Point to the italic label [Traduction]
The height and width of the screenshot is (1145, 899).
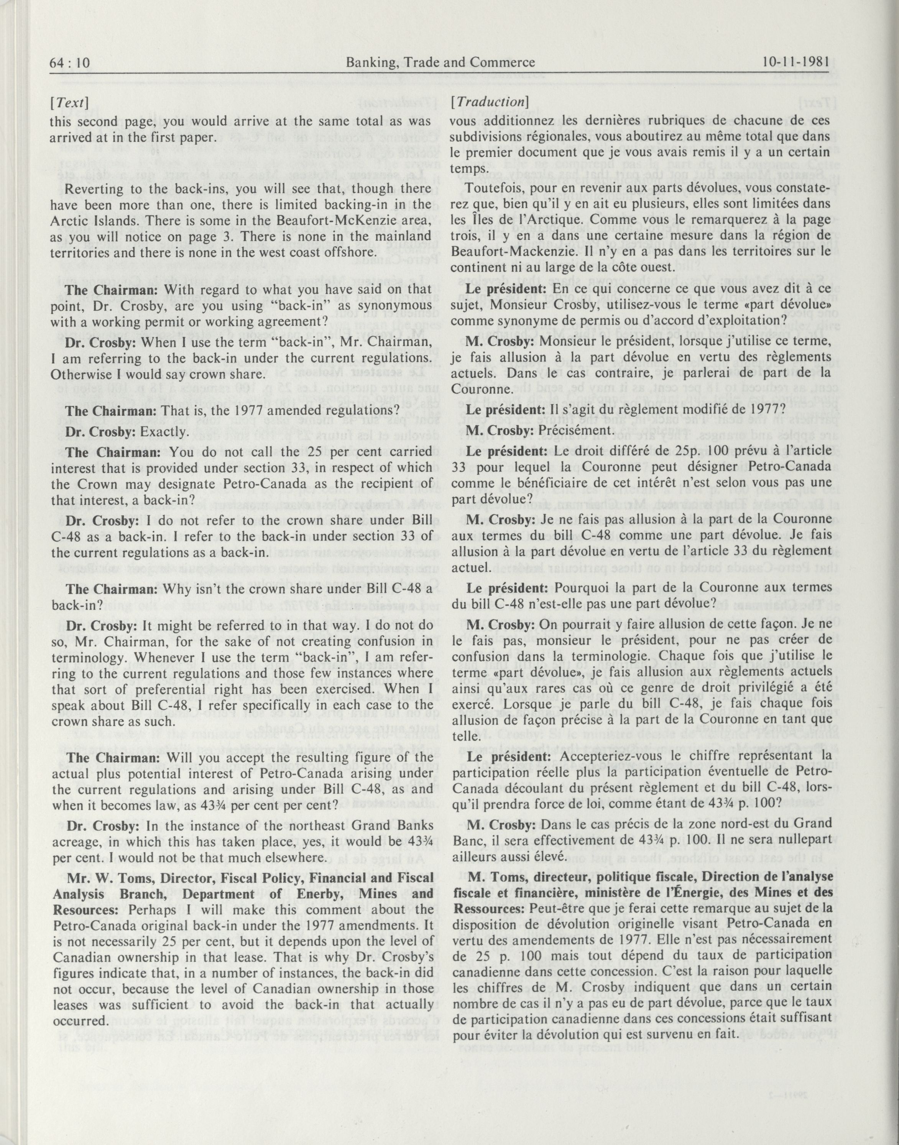coord(490,102)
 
